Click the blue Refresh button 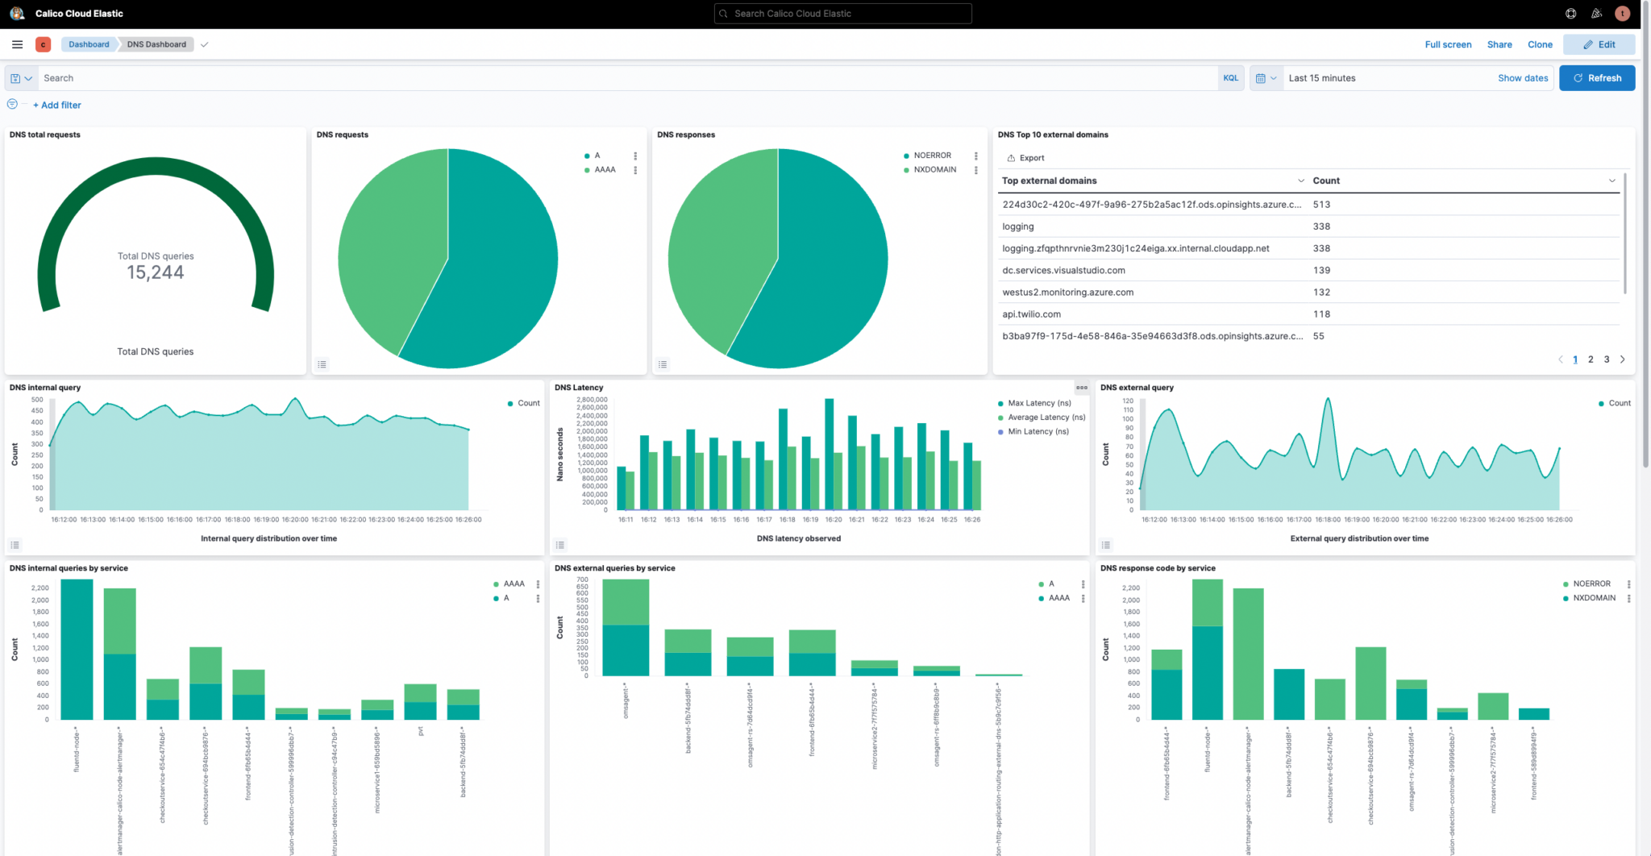coord(1596,78)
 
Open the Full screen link coord(1448,44)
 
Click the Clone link coord(1540,44)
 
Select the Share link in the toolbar coord(1499,44)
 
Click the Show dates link coord(1523,78)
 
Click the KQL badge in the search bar coord(1230,78)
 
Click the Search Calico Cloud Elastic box coord(842,14)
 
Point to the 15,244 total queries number coord(156,272)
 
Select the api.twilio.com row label coord(1031,314)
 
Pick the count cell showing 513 coord(1321,205)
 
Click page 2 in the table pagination coord(1591,359)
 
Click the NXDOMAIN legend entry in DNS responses coord(934,170)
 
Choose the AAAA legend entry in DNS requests coord(605,170)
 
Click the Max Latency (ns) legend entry coord(1039,403)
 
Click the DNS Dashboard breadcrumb coord(156,44)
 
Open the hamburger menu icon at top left coord(17,44)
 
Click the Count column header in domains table coord(1326,181)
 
